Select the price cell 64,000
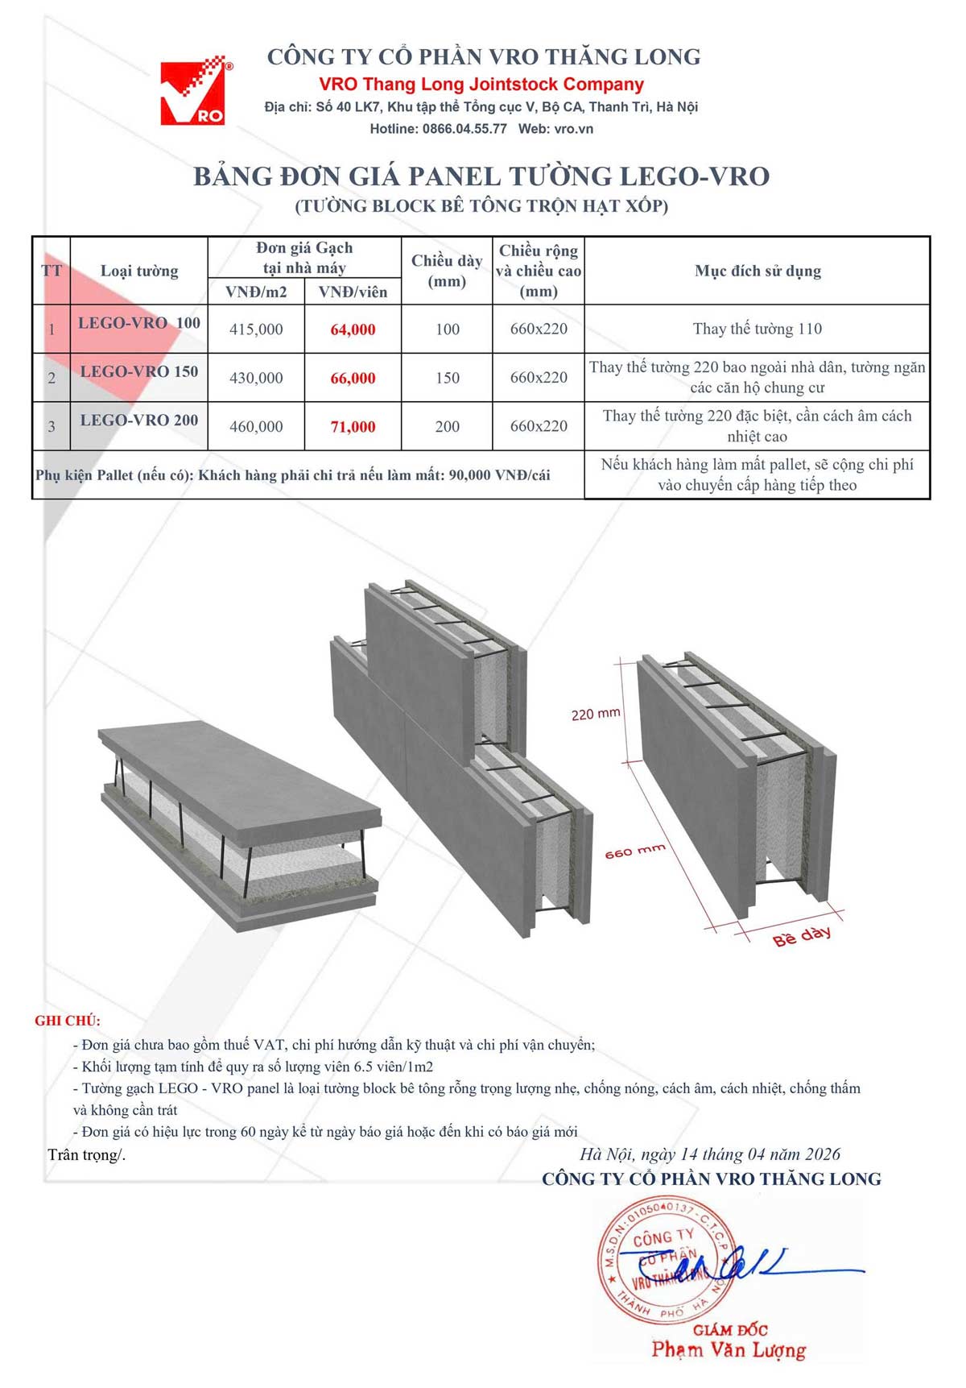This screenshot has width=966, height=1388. (x=353, y=329)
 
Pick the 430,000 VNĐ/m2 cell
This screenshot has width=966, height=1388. (x=256, y=378)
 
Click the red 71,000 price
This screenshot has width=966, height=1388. (x=353, y=427)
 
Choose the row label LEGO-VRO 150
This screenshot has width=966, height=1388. (x=139, y=371)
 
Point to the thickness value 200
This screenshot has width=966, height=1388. (x=447, y=427)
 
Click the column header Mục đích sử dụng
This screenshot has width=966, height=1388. (x=758, y=271)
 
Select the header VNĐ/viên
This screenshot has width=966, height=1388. (x=353, y=292)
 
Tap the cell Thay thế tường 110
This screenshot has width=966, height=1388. (x=758, y=329)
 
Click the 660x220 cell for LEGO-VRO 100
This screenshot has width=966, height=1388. (x=539, y=329)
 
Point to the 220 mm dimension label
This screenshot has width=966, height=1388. (x=596, y=714)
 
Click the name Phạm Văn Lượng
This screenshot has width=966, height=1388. (x=729, y=1350)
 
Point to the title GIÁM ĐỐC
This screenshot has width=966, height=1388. (x=730, y=1330)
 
